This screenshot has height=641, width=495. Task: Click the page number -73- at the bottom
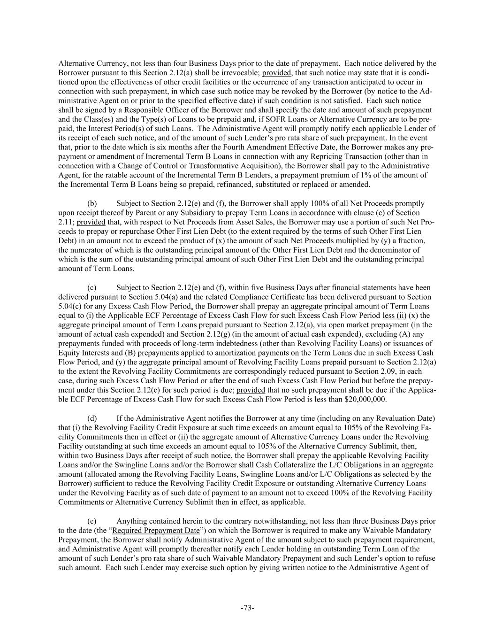pyautogui.click(x=247, y=608)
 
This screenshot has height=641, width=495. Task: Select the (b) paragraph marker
pyautogui.click(x=92, y=203)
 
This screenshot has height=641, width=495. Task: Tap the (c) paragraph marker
pyautogui.click(x=92, y=287)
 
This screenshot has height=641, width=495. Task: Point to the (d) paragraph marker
pyautogui.click(x=92, y=418)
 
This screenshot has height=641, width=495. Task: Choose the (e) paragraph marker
pyautogui.click(x=92, y=521)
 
